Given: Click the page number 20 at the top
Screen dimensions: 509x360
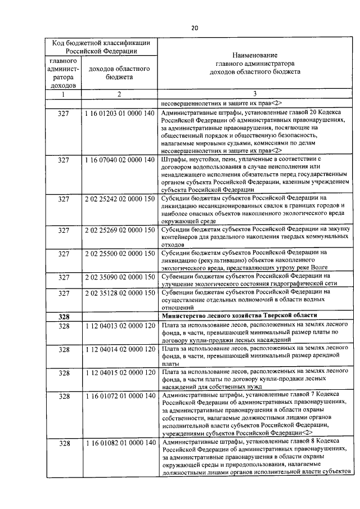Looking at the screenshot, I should click(x=195, y=28).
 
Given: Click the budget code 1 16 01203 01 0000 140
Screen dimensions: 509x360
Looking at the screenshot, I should click(x=119, y=113).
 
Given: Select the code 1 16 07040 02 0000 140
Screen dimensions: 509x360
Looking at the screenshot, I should click(x=119, y=160).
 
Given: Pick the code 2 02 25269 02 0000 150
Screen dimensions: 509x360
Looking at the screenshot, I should click(x=119, y=230).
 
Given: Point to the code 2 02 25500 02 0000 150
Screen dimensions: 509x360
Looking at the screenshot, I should click(x=119, y=253).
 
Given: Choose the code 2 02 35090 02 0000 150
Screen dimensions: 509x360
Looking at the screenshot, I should click(x=119, y=277).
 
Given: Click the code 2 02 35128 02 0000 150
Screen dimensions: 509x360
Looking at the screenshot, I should click(x=119, y=293).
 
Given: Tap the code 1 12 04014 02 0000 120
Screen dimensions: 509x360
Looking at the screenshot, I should click(x=119, y=349).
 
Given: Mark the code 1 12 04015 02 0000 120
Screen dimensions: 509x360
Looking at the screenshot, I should click(x=119, y=372).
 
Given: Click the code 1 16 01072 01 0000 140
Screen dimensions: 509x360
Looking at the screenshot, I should click(x=119, y=396).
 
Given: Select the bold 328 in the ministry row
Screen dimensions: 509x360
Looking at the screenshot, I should click(x=64, y=317).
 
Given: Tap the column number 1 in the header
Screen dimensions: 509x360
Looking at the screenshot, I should click(x=64, y=94).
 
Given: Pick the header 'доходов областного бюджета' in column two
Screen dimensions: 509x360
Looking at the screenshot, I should click(x=119, y=73).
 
